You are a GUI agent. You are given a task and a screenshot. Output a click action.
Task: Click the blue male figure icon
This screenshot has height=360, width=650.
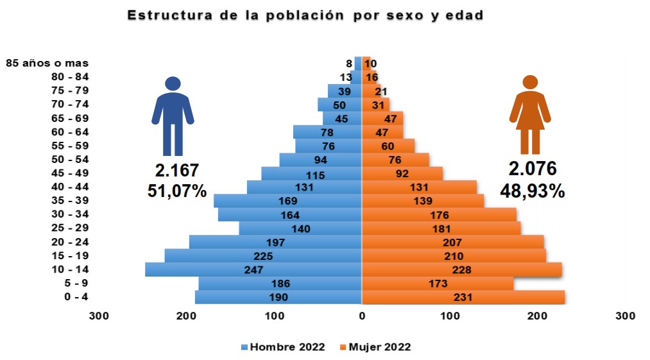[173, 116]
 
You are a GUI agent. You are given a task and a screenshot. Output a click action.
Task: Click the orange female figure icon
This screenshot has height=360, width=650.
[530, 116]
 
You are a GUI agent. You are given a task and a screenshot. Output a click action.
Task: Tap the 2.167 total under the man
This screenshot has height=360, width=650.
[176, 170]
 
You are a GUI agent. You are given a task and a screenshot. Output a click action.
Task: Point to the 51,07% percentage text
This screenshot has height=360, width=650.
[176, 191]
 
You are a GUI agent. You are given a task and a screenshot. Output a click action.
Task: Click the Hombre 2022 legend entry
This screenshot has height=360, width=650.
[283, 347]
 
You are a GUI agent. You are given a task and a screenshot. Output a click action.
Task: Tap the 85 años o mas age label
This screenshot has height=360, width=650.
[47, 63]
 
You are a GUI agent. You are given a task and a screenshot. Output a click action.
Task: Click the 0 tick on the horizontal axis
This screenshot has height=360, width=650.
[362, 316]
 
